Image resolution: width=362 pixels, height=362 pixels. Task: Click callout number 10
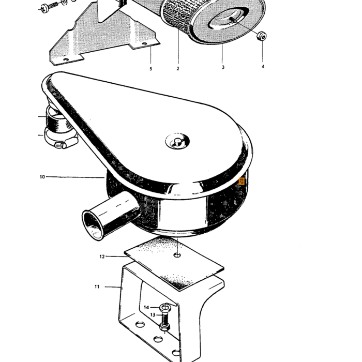coord(42,177)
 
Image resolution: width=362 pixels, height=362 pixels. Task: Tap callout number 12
coord(102,257)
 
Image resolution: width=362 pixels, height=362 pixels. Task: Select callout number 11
coord(97,286)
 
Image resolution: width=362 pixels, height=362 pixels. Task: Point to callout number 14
coord(146,307)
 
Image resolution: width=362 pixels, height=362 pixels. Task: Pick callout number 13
coord(153,315)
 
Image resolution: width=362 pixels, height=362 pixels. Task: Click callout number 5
coord(151,69)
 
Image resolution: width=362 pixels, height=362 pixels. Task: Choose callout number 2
coord(178,69)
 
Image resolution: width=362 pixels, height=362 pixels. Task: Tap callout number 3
coord(223,67)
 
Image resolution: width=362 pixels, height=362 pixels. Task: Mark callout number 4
coord(263,67)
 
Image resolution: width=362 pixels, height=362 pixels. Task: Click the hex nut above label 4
coord(262,36)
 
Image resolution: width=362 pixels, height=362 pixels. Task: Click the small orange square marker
coord(242,181)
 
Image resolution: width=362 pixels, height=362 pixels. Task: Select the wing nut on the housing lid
coord(177,141)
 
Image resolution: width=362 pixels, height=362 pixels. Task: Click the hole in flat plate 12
coord(177,255)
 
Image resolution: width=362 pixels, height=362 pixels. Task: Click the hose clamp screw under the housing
coord(61,145)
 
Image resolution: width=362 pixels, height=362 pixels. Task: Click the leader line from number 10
coord(76,177)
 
